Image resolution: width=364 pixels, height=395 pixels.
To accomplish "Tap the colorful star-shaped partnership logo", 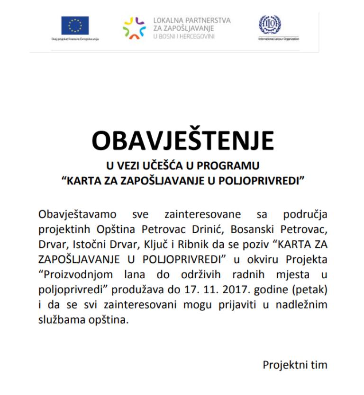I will coord(134,27).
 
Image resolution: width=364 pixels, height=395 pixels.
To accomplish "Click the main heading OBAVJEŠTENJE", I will coord(182,140).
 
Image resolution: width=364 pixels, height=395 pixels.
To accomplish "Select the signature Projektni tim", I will coord(295,365).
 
